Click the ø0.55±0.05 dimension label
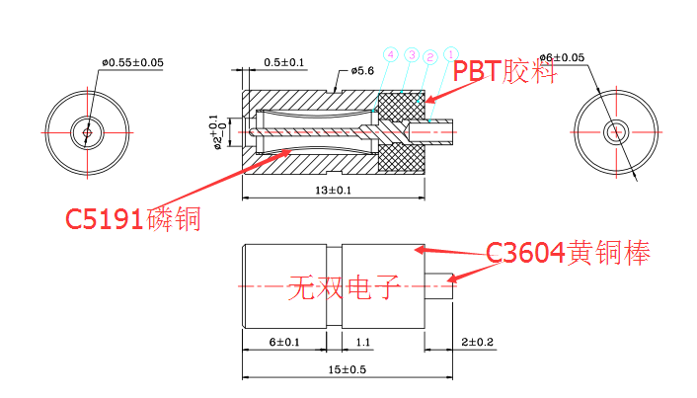tap(131, 63)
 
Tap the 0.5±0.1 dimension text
tap(284, 63)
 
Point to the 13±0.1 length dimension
tap(334, 190)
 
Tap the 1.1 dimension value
tap(361, 342)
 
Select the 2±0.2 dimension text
tap(476, 342)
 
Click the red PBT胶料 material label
tap(504, 71)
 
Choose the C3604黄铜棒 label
tap(568, 254)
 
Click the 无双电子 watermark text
tap(341, 288)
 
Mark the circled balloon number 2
tap(431, 57)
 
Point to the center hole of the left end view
tap(88, 130)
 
